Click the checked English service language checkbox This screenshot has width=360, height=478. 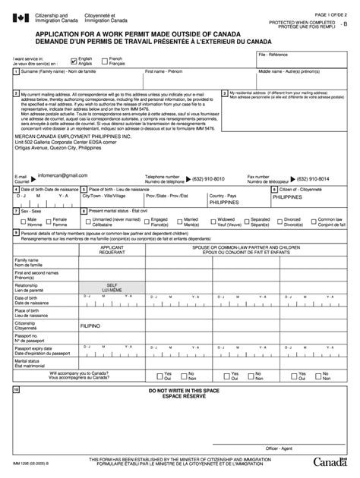click(x=73, y=59)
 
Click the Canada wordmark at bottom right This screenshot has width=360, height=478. click(x=333, y=463)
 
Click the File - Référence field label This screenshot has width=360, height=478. click(x=274, y=55)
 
